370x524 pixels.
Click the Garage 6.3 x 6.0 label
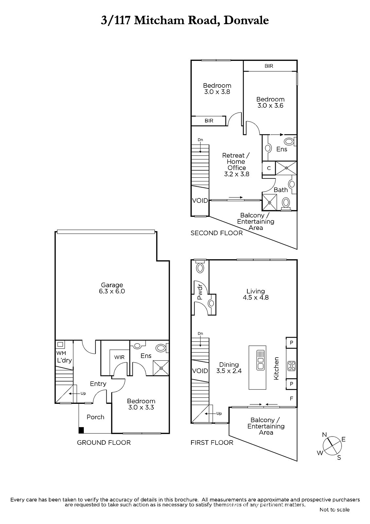[x=112, y=288]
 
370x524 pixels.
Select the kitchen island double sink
[x=260, y=360]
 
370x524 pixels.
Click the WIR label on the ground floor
[x=119, y=357]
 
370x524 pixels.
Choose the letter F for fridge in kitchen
[x=291, y=398]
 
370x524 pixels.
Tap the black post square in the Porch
[x=81, y=430]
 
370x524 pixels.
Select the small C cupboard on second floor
[x=269, y=168]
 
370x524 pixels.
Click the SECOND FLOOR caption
[x=217, y=233]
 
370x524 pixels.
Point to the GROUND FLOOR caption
[x=104, y=442]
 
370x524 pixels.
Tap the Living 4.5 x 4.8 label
[x=256, y=294]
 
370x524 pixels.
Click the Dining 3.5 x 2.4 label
[x=229, y=367]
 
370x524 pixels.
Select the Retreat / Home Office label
[x=236, y=165]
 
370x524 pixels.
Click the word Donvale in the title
[x=246, y=20]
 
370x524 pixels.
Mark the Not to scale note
[x=334, y=510]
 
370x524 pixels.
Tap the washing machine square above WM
[x=60, y=344]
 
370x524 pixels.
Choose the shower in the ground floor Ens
[x=161, y=368]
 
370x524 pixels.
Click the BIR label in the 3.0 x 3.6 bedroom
[x=269, y=66]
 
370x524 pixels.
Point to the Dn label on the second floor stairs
[x=200, y=140]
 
